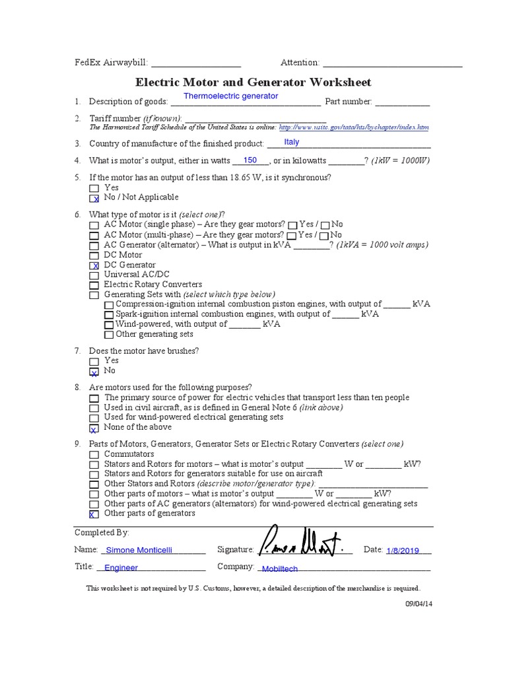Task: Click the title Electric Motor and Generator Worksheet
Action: tap(253, 83)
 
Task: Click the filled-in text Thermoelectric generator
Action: tap(230, 96)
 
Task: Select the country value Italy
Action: tap(291, 142)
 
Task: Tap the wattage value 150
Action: tap(250, 160)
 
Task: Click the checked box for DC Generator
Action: tap(94, 265)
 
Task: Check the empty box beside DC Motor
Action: tap(94, 255)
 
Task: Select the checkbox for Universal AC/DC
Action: tap(94, 275)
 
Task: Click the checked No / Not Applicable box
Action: tap(94, 198)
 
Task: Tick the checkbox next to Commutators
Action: tap(94, 455)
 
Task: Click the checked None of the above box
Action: tap(94, 428)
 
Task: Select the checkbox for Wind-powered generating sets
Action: tap(109, 325)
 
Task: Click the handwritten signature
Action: tap(303, 545)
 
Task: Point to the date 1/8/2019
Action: tap(403, 550)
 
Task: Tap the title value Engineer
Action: tap(121, 568)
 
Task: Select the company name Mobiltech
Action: tap(280, 568)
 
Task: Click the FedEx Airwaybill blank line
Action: tap(196, 64)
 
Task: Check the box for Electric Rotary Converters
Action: tap(94, 285)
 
